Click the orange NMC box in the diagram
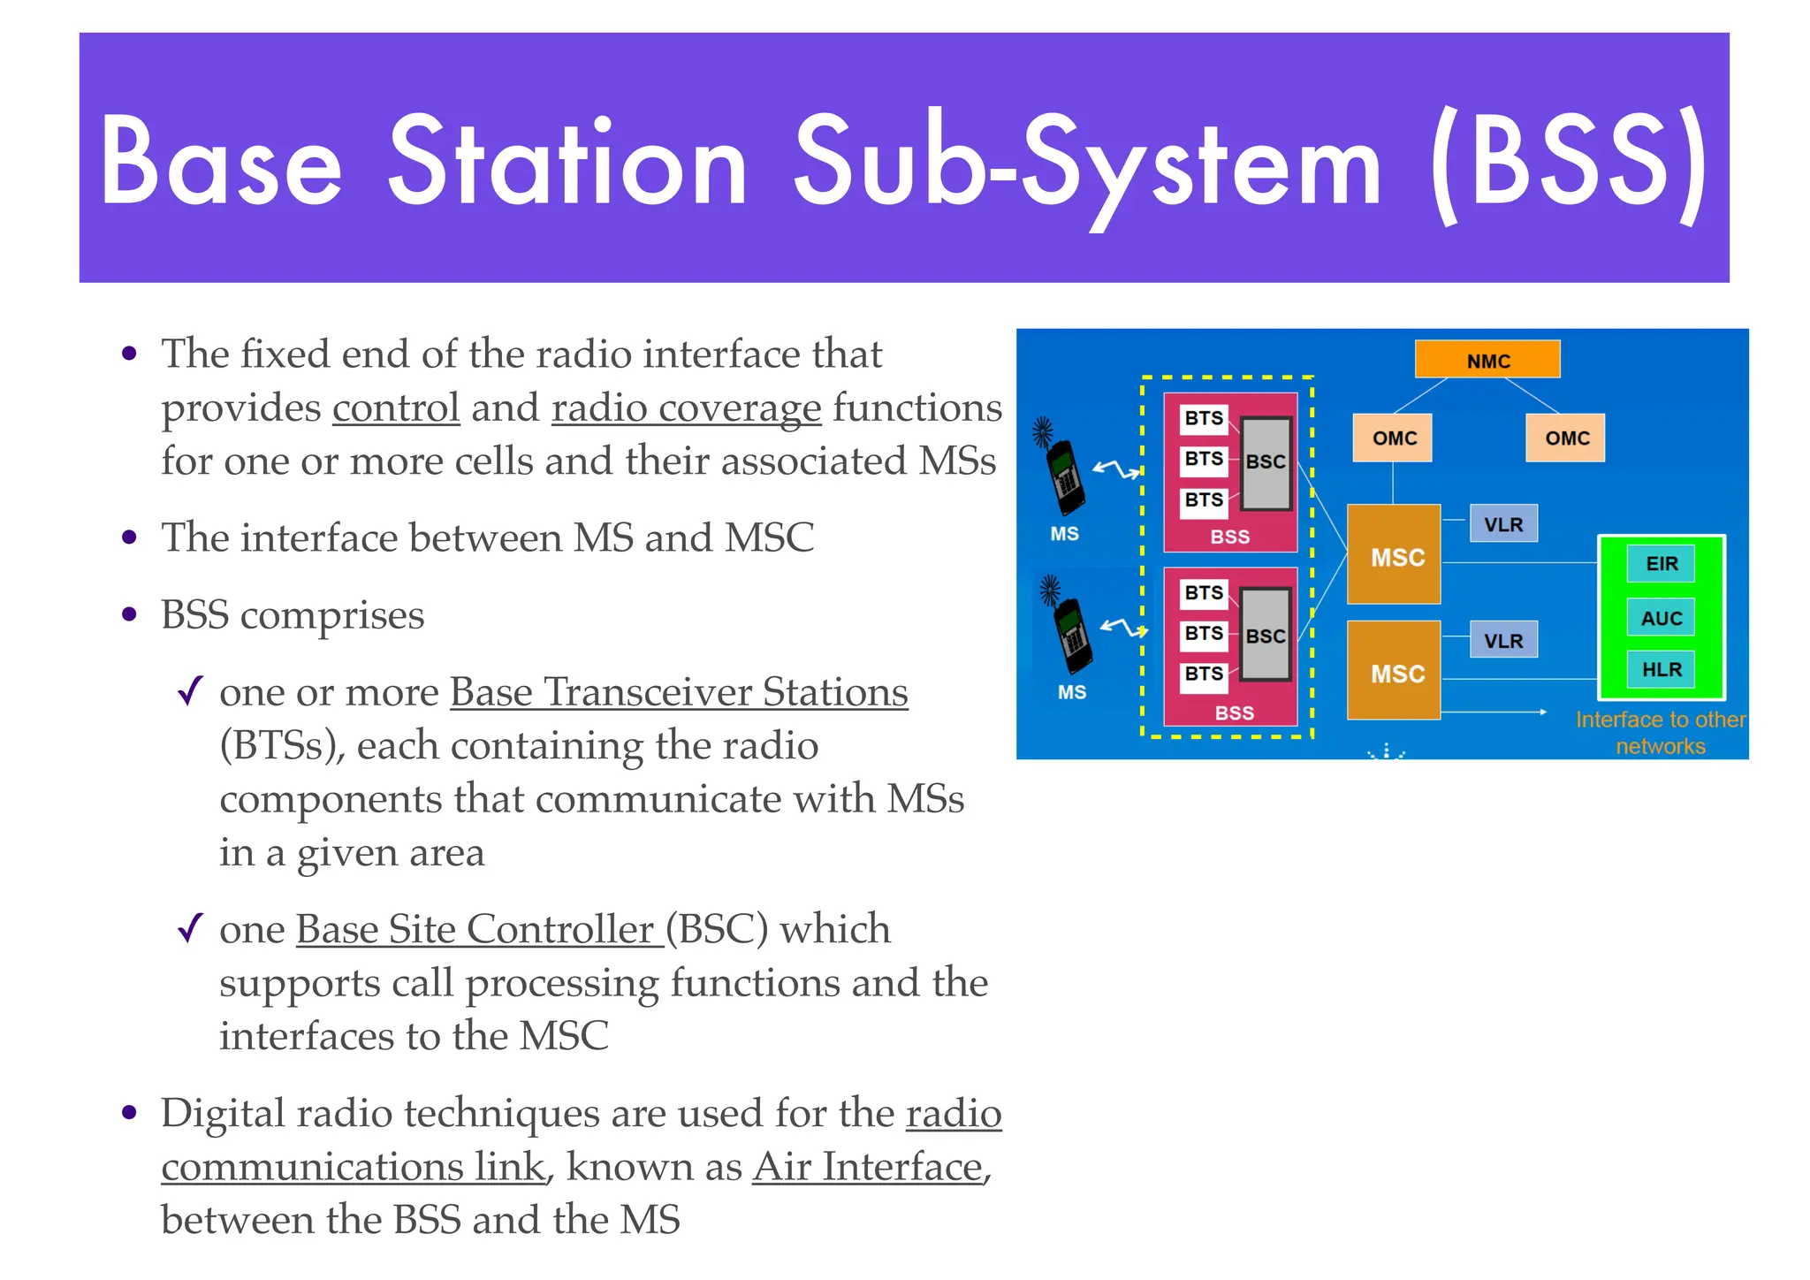[1487, 360]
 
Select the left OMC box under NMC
[1392, 438]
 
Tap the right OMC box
[1564, 438]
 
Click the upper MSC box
[1393, 555]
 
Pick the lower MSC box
[1393, 671]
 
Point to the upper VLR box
[1502, 524]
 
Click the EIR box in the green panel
[1660, 564]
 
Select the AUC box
[1660, 618]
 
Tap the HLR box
[1660, 669]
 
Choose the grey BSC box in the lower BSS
[1265, 636]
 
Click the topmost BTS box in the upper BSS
[1203, 418]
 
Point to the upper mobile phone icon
[1065, 473]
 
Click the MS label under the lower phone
[1071, 692]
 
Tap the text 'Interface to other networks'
[1660, 733]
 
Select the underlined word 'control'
[396, 408]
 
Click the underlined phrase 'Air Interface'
[868, 1167]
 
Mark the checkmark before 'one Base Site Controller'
[190, 928]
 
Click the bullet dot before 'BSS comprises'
[130, 614]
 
